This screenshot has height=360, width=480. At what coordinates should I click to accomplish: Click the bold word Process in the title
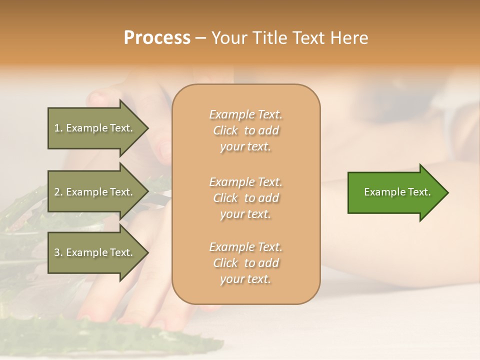pyautogui.click(x=157, y=38)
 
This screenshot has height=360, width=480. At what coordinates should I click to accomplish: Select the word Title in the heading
pyautogui.click(x=270, y=38)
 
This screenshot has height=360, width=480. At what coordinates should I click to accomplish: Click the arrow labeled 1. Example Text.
pyautogui.click(x=95, y=128)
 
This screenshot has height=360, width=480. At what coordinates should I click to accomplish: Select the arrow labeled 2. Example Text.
pyautogui.click(x=95, y=192)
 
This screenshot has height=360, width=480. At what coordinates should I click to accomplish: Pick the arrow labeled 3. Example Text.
pyautogui.click(x=95, y=252)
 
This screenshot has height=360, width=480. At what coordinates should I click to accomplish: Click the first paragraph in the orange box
pyautogui.click(x=245, y=130)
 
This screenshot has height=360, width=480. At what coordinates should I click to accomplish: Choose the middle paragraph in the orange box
pyautogui.click(x=245, y=198)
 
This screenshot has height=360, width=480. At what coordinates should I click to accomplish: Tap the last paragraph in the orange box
pyautogui.click(x=245, y=263)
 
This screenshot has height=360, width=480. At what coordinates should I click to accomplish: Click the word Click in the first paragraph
pyautogui.click(x=225, y=130)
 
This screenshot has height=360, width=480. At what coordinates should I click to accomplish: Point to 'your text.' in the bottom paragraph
pyautogui.click(x=245, y=279)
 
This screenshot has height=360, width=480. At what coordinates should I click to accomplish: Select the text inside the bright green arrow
pyautogui.click(x=397, y=192)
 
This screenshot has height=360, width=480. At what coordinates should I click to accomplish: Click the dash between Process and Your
pyautogui.click(x=200, y=38)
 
